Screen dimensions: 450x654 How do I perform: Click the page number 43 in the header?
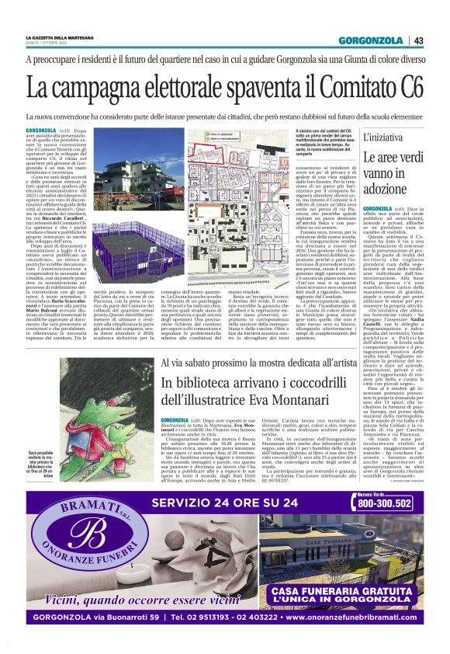point(418,40)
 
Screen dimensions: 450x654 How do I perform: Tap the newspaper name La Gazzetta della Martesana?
point(59,37)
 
